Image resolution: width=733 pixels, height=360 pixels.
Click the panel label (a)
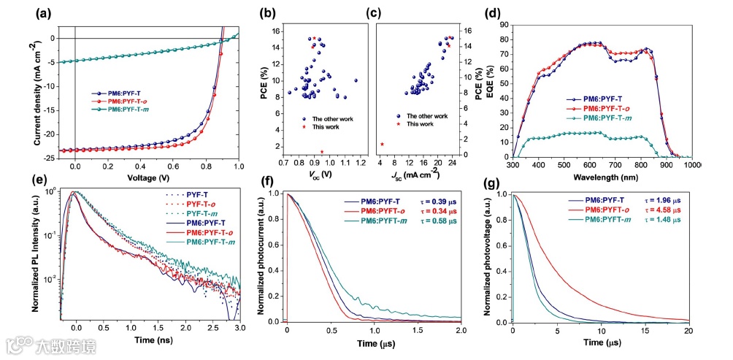click(42, 12)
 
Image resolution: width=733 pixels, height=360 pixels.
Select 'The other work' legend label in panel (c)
click(427, 116)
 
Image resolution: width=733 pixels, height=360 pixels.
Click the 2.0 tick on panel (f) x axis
click(461, 330)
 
